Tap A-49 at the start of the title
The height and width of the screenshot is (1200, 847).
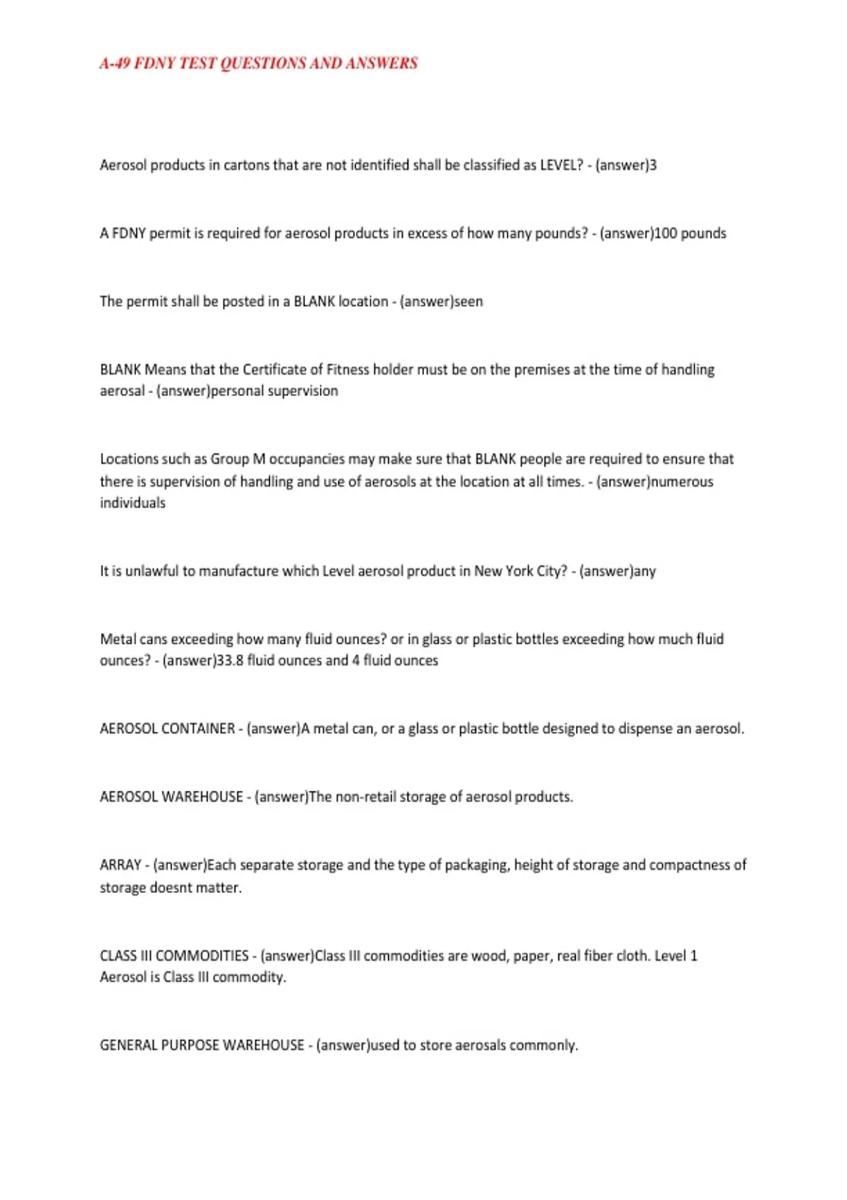[114, 64]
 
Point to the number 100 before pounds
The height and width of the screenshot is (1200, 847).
[666, 234]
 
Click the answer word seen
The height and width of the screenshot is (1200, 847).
[468, 301]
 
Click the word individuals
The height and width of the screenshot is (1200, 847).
[133, 503]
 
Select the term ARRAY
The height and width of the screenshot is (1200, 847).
[121, 865]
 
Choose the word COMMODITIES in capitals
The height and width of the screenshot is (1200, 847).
[202, 956]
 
